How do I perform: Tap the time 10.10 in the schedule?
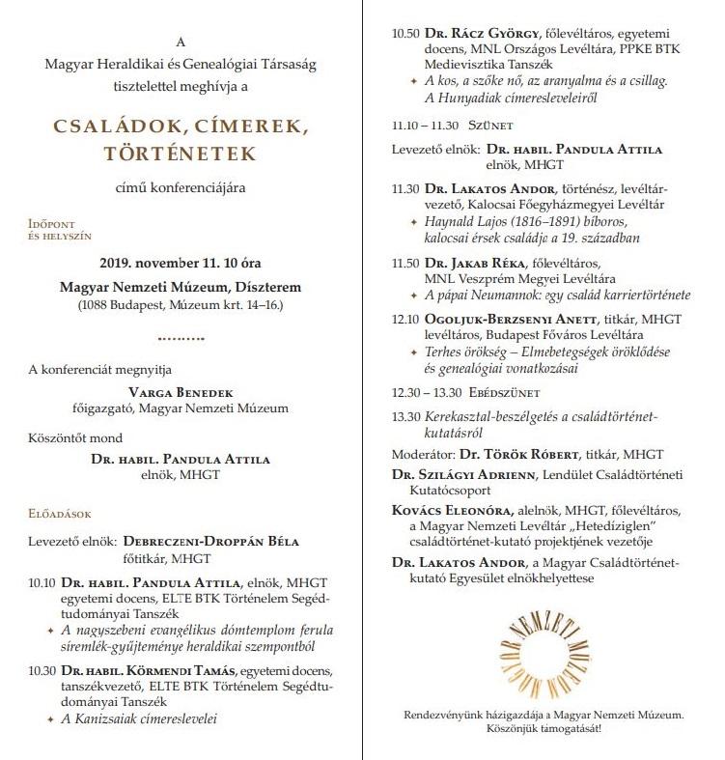point(43,582)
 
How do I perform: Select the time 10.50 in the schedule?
point(405,34)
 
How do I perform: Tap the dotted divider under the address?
point(181,339)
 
